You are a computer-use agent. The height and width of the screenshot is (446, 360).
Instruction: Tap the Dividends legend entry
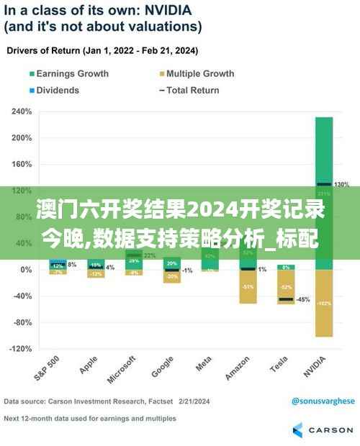pos(58,90)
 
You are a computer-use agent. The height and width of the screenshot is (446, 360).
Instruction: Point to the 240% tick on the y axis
pos(22,111)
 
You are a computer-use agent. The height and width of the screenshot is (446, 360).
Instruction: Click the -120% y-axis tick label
pos(20,349)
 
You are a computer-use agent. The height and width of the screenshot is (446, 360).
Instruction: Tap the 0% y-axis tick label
pos(26,270)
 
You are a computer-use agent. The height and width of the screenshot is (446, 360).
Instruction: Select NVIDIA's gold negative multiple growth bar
pos(324,303)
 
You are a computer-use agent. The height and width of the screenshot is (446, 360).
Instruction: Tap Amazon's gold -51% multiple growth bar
pos(248,286)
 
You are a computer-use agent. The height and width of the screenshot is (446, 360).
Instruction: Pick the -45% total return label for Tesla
pos(303,299)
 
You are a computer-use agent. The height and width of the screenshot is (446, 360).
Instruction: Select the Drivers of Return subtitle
pos(103,52)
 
